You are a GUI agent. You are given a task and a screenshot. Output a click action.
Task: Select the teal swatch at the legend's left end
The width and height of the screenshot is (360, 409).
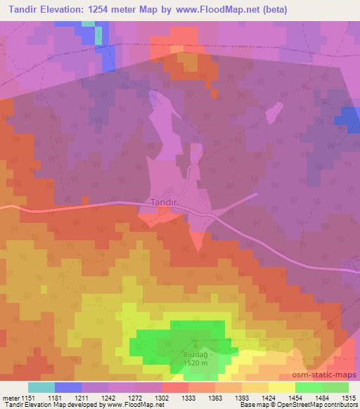pos(41,387)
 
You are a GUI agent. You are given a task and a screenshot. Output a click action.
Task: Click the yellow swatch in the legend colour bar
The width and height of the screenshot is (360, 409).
pos(282,387)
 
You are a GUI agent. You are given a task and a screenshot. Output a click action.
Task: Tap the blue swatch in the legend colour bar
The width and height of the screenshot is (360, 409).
pos(68,387)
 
